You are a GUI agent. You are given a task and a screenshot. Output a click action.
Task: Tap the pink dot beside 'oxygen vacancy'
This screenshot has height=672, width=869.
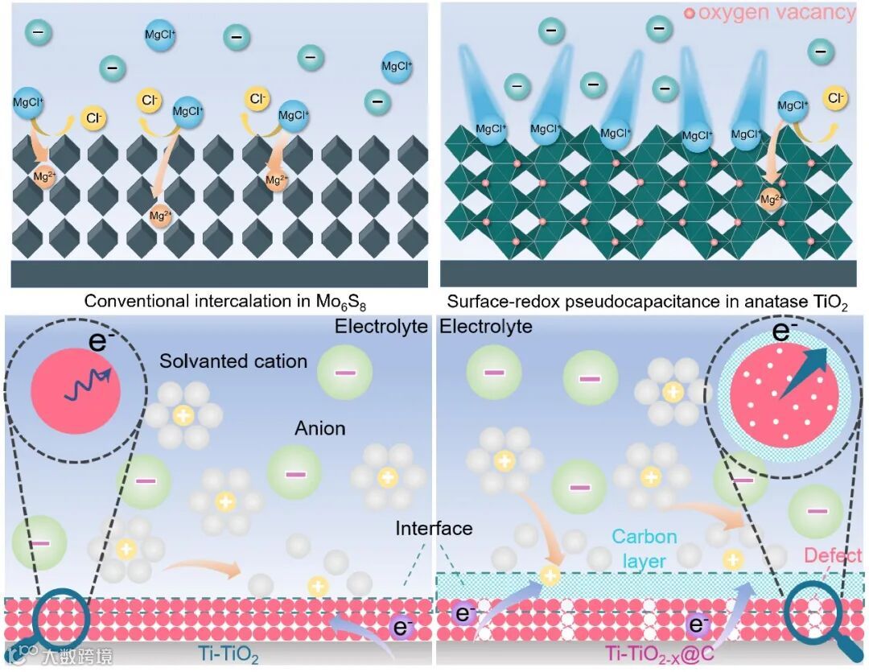[x=689, y=14]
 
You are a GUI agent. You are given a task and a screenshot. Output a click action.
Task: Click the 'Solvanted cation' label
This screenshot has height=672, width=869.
[x=233, y=361]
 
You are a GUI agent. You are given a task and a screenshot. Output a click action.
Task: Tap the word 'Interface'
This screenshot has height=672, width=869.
[x=434, y=529]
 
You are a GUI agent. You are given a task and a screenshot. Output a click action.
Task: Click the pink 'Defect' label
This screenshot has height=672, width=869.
[x=833, y=555]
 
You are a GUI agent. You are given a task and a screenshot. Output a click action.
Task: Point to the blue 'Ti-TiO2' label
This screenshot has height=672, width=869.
[x=229, y=656]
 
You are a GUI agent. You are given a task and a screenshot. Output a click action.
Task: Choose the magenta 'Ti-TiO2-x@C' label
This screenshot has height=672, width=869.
[x=660, y=656]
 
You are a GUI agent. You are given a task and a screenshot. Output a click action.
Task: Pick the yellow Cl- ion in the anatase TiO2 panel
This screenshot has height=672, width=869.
[x=837, y=98]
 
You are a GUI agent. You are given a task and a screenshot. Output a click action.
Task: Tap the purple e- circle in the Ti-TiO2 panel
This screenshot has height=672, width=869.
[x=402, y=627]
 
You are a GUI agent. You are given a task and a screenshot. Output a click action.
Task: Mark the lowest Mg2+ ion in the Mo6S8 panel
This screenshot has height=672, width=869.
[x=161, y=216]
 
